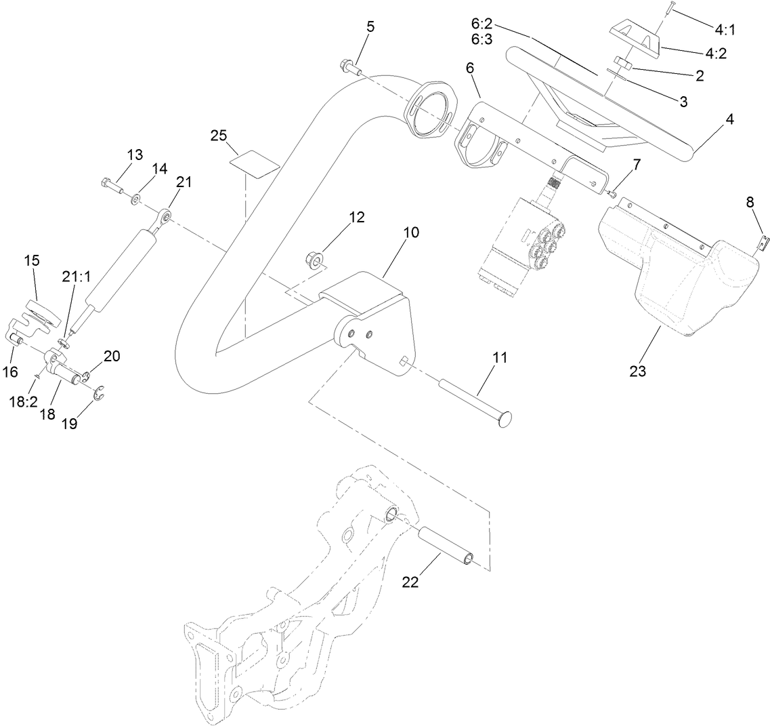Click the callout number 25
click(x=217, y=136)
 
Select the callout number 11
click(x=499, y=359)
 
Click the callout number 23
click(x=637, y=371)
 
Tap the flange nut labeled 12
click(x=314, y=258)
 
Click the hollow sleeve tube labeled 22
click(x=444, y=545)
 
